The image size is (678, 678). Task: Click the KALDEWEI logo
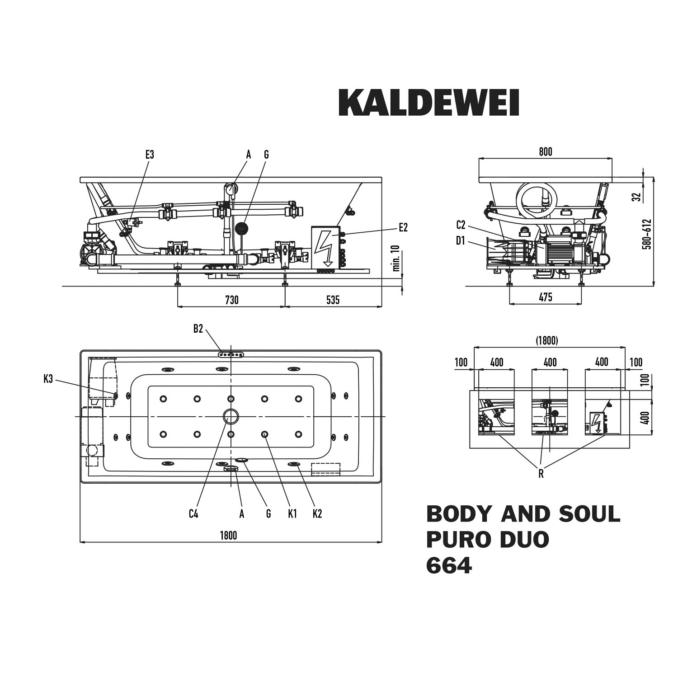(428, 102)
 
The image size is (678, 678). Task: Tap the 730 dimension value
(231, 300)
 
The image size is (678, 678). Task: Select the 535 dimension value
(333, 300)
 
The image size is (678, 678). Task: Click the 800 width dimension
(546, 152)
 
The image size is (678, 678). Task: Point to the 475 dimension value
(546, 297)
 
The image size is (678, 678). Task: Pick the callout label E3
(150, 155)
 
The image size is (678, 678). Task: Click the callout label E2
(403, 228)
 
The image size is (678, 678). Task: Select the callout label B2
(198, 329)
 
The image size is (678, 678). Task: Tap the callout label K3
(48, 379)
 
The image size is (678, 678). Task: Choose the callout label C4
(193, 513)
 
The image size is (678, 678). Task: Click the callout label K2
(317, 513)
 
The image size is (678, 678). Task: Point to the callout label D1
(460, 241)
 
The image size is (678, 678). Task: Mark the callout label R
(541, 474)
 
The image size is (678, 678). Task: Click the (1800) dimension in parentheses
(547, 340)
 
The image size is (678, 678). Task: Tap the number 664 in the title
(449, 565)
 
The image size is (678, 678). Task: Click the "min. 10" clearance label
(396, 259)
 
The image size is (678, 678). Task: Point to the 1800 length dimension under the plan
(228, 536)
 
